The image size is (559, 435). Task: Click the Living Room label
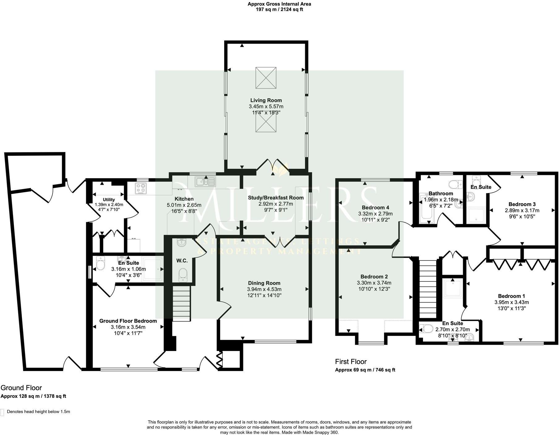pos(266,100)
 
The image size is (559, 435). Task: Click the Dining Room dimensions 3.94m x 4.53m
pos(264,289)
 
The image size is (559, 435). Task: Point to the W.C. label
pos(182,261)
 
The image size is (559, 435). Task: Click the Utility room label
pos(109,200)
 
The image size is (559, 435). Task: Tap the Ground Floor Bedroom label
pos(128,321)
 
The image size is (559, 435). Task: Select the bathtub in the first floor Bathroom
pos(426,208)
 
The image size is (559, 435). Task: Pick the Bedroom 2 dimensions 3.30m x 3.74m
pos(374,283)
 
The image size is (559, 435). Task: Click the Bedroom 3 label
pos(522,204)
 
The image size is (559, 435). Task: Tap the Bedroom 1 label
pos(511,296)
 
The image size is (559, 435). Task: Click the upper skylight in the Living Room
pos(265,78)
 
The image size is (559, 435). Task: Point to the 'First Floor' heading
pos(351,361)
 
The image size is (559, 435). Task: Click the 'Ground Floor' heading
pos(21,388)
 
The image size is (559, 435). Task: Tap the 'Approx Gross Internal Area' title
pos(279,4)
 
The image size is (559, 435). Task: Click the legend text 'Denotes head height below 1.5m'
pos(38,412)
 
